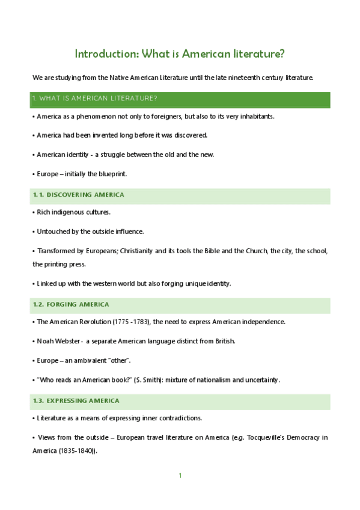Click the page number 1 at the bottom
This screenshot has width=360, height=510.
pyautogui.click(x=180, y=476)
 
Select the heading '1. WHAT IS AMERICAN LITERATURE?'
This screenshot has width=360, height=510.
pyautogui.click(x=95, y=98)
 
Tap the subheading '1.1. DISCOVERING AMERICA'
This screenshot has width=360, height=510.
pyautogui.click(x=79, y=195)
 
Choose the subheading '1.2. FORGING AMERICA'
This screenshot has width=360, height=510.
pyautogui.click(x=71, y=304)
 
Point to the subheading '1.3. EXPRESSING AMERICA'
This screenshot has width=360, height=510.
pyautogui.click(x=76, y=401)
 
